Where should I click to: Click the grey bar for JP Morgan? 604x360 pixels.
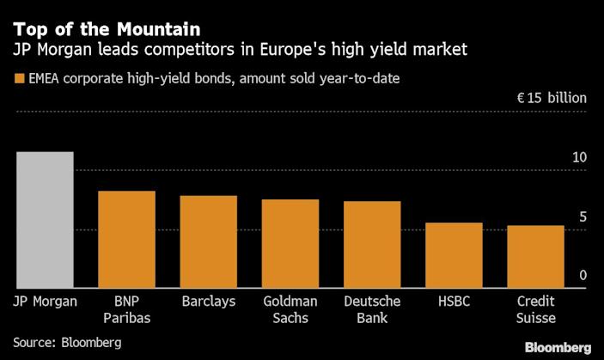click(45, 220)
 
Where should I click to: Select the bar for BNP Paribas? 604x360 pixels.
click(126, 240)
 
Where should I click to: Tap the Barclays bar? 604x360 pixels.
click(208, 242)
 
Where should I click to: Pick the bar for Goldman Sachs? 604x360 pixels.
click(290, 244)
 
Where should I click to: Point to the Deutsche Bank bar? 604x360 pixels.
click(372, 245)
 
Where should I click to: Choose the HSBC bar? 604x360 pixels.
click(455, 255)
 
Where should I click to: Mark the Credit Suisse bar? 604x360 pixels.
click(536, 257)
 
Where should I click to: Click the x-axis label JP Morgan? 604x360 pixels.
click(46, 302)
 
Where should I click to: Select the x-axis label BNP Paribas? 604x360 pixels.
click(126, 309)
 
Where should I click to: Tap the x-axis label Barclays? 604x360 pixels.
click(209, 302)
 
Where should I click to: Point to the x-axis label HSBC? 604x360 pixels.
click(455, 302)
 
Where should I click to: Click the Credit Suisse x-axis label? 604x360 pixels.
click(536, 309)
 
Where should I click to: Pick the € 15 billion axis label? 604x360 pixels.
click(552, 98)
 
